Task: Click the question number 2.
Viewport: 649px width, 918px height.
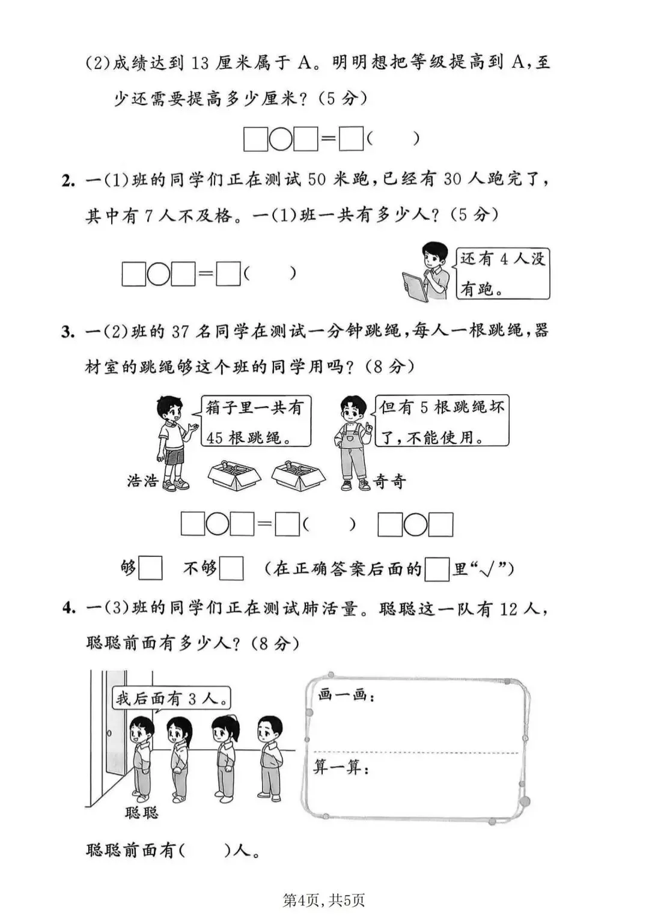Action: click(x=67, y=180)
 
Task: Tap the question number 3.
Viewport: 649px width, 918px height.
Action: click(x=67, y=331)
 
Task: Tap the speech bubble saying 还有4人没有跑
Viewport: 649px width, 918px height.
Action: click(x=502, y=274)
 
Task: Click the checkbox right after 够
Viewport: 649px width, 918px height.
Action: click(x=150, y=568)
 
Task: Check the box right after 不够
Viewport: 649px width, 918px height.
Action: click(x=231, y=568)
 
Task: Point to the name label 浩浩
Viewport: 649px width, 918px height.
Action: click(x=142, y=481)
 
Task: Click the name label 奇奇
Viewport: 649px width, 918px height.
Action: click(x=389, y=481)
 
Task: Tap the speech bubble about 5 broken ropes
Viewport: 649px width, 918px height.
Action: click(x=442, y=421)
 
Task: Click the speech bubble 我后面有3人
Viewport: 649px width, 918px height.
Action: click(x=172, y=698)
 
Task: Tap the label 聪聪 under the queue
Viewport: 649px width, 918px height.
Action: click(x=142, y=812)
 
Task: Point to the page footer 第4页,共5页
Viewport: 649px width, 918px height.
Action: click(x=324, y=899)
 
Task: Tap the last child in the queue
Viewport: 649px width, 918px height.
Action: click(x=269, y=755)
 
